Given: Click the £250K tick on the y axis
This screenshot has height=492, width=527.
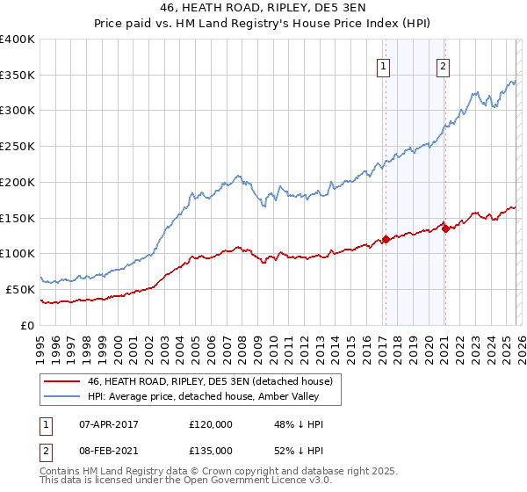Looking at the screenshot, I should (x=18, y=147).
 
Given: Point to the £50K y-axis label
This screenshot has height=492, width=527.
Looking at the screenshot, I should (x=19, y=289).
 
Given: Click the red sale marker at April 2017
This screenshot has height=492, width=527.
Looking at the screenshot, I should (x=386, y=239).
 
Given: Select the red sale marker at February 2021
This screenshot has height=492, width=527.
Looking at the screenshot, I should (x=445, y=228).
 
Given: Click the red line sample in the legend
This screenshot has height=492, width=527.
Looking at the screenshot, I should (x=62, y=382).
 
